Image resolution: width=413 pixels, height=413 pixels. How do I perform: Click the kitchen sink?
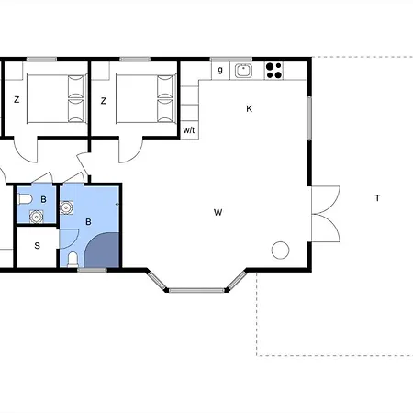point(243,71)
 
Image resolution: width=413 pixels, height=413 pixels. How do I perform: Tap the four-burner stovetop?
point(273,71)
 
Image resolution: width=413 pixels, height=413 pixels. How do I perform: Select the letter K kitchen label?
point(250,109)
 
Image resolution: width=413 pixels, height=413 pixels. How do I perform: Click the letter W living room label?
point(218,212)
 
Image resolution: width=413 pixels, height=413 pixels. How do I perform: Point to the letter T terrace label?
point(377,198)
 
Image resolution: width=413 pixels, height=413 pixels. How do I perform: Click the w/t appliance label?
point(189,130)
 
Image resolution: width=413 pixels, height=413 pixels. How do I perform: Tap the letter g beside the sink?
point(220,70)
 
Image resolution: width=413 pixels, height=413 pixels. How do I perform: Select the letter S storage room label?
point(38,246)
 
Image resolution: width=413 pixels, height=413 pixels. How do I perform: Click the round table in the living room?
point(280,251)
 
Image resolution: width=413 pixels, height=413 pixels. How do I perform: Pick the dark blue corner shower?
point(103,251)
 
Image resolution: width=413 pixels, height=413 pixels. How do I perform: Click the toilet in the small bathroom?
point(25,199)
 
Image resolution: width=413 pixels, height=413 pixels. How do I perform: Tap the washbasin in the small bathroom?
point(36,217)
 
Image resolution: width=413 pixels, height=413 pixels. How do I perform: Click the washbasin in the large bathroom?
point(66,207)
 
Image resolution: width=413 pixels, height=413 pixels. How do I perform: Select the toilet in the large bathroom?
point(73,260)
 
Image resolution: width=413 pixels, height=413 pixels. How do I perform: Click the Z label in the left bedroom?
point(17,100)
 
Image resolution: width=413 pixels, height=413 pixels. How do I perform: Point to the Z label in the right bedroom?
point(104,101)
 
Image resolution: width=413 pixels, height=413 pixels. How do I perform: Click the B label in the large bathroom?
point(88,222)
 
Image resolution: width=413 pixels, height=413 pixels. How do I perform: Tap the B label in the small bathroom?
point(43,200)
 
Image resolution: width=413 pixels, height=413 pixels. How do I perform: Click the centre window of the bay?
point(196,290)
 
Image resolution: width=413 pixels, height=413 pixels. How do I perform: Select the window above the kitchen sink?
point(231,59)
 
